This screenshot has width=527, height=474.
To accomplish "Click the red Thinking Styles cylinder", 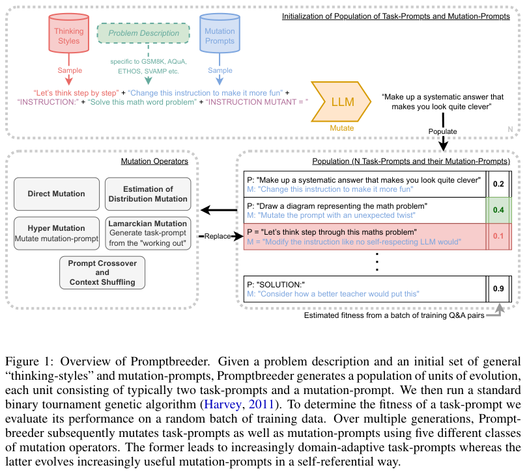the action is pyautogui.click(x=69, y=33).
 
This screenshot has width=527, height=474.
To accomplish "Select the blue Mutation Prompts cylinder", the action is pyautogui.click(x=220, y=33).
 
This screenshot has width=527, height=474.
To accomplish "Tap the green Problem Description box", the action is pyautogui.click(x=143, y=33).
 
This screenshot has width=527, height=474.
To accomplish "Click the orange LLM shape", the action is pyautogui.click(x=341, y=101).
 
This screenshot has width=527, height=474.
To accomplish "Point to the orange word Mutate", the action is pyautogui.click(x=342, y=128).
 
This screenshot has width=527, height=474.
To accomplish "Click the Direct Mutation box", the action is pyautogui.click(x=57, y=194).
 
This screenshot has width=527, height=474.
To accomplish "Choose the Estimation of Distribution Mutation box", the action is pyautogui.click(x=148, y=194).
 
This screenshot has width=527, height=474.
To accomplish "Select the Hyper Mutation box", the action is pyautogui.click(x=57, y=233).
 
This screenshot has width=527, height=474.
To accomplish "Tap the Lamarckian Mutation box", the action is pyautogui.click(x=148, y=233).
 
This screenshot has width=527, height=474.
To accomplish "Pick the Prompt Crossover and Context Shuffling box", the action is pyautogui.click(x=102, y=272).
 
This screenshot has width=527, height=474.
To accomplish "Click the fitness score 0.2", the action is pyautogui.click(x=498, y=184).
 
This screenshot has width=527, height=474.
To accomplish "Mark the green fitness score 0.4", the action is pyautogui.click(x=498, y=210).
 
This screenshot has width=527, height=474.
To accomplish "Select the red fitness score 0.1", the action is pyautogui.click(x=498, y=236).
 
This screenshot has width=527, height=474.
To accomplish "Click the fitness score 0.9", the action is pyautogui.click(x=498, y=289).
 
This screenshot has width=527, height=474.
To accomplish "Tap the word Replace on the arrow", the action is pyautogui.click(x=218, y=236).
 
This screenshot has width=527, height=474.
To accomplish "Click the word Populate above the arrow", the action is pyautogui.click(x=442, y=131).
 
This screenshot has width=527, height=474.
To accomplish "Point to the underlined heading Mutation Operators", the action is pyautogui.click(x=154, y=161).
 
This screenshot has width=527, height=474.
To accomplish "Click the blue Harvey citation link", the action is pyautogui.click(x=223, y=404).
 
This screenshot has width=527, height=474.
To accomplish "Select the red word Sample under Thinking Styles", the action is pyautogui.click(x=70, y=70).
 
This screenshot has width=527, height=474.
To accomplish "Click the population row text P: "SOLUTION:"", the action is pyautogui.click(x=276, y=285).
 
